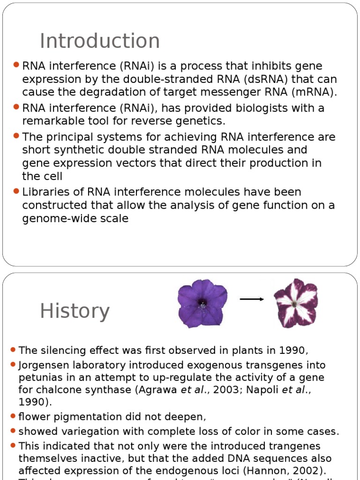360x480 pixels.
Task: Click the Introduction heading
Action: pyautogui.click(x=99, y=41)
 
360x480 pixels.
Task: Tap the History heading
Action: pyautogui.click(x=75, y=311)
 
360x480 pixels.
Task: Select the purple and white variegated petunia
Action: pyautogui.click(x=295, y=303)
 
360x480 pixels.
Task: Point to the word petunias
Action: pyautogui.click(x=38, y=377)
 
